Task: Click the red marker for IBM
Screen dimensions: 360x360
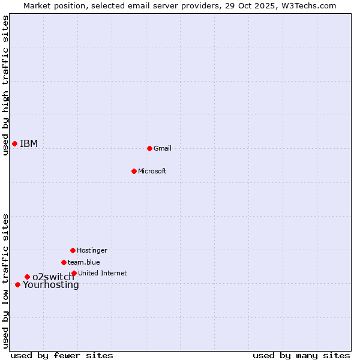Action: (x=14, y=143)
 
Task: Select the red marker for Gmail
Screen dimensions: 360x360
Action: (x=149, y=148)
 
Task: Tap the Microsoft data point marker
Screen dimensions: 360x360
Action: (x=134, y=171)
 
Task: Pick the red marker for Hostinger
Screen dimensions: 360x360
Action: (x=73, y=250)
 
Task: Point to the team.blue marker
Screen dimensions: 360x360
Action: (x=64, y=262)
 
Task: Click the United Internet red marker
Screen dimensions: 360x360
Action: (x=74, y=273)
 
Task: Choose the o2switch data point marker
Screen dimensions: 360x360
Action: (x=27, y=277)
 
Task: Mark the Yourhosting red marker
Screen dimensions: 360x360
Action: (x=17, y=284)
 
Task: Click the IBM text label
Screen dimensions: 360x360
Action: (x=29, y=143)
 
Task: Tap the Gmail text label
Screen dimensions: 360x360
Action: (x=163, y=148)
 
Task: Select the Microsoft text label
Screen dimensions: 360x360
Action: (x=152, y=171)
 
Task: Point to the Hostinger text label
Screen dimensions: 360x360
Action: (x=92, y=250)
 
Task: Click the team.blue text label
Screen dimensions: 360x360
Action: (x=84, y=262)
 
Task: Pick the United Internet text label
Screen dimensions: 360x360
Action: (x=103, y=273)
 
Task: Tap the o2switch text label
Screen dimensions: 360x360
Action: (x=53, y=277)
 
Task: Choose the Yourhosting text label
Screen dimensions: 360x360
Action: (x=51, y=285)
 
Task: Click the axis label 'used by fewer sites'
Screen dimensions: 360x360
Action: (x=62, y=355)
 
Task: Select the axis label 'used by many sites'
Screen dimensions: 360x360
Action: (x=301, y=355)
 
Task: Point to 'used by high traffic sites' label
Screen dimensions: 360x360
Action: (x=5, y=85)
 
